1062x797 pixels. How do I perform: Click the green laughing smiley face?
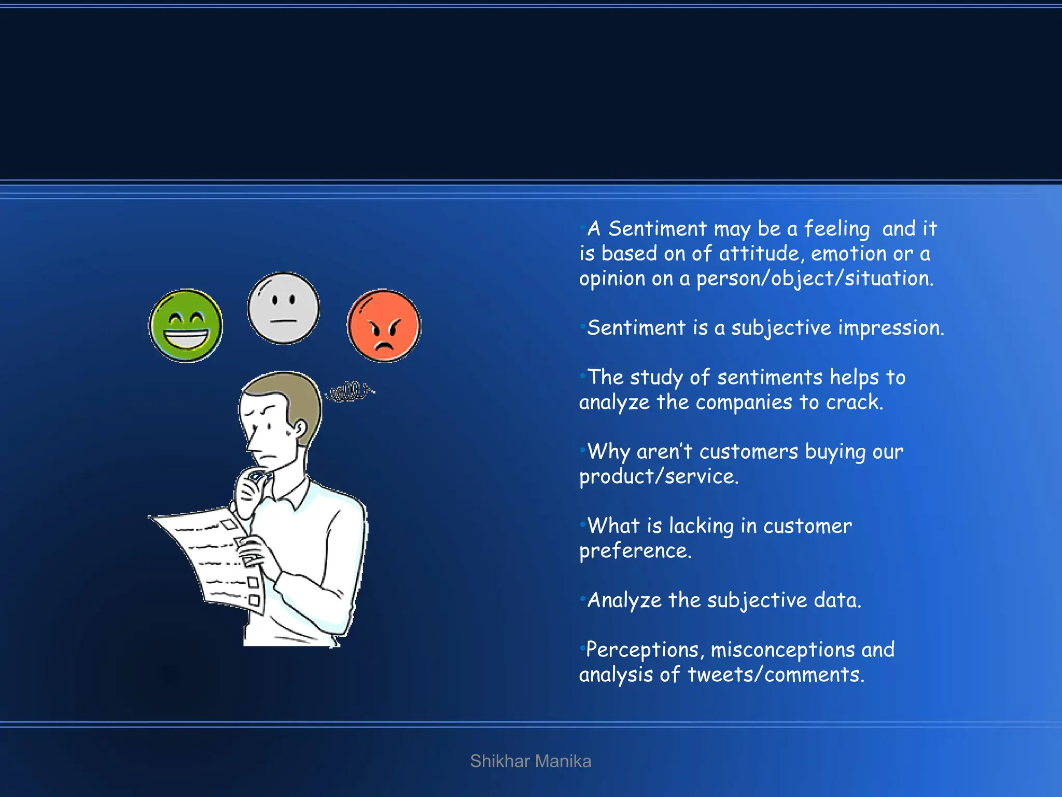pyautogui.click(x=186, y=326)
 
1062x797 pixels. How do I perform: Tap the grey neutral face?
pyautogui.click(x=283, y=308)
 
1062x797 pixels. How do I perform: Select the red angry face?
pyautogui.click(x=384, y=326)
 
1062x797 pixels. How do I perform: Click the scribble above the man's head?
pyautogui.click(x=350, y=391)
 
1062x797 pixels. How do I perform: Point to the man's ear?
pyautogui.click(x=300, y=429)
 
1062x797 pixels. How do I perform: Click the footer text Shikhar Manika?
pyautogui.click(x=530, y=761)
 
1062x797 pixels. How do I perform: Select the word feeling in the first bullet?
pyautogui.click(x=836, y=229)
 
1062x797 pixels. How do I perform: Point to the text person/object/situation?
pyautogui.click(x=814, y=279)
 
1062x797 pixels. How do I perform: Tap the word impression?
pyautogui.click(x=890, y=328)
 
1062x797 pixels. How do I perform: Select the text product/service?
pyautogui.click(x=659, y=476)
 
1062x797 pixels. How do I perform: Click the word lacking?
pyautogui.click(x=701, y=526)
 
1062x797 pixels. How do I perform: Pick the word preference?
pyautogui.click(x=635, y=551)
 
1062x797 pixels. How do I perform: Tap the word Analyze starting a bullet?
pyautogui.click(x=624, y=600)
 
